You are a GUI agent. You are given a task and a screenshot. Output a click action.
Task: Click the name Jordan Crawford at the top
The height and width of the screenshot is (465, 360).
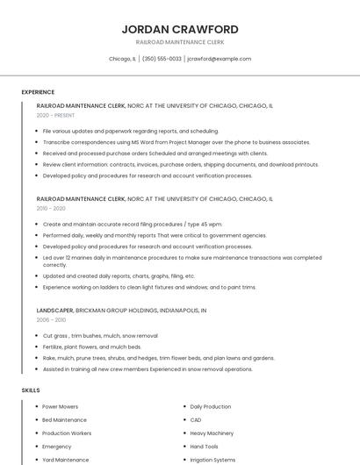pos(180,29)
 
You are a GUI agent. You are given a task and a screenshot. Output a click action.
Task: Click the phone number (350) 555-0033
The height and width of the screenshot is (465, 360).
pos(162,59)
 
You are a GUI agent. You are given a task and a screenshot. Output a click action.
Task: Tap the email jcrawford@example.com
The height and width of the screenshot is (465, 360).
pos(219,59)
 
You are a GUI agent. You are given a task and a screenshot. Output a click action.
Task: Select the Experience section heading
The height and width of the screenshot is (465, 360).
pos(38,92)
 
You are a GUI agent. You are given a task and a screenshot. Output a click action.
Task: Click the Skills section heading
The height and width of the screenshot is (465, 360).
pos(31,390)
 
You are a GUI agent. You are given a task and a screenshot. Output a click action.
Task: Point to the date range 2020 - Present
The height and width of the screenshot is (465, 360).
pos(55,115)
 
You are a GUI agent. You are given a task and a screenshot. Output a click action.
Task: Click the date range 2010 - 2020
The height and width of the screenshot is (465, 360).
pos(51,209)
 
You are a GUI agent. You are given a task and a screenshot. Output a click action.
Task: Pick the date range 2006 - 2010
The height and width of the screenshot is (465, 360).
pos(51,320)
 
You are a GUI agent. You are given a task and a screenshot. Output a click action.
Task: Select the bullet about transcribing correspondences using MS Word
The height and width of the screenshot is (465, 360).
pos(176,142)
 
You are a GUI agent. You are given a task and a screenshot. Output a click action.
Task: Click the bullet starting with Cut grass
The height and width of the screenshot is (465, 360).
pos(100,336)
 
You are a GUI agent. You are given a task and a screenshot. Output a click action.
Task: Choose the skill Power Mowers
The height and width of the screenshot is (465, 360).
pos(61,407)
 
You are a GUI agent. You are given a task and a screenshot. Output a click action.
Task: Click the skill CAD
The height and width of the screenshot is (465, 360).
pos(196,420)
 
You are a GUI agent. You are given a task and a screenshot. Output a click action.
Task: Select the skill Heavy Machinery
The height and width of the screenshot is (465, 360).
pos(212,433)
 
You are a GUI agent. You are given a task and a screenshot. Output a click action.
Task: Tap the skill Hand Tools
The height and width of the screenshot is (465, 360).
pos(204,447)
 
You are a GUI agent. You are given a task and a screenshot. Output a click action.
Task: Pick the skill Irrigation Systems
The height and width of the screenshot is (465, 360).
pos(212,460)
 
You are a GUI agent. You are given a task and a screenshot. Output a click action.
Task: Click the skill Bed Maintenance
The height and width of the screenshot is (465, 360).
pos(64,420)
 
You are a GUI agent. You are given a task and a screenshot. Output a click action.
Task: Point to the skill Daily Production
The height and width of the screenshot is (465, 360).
pos(211,407)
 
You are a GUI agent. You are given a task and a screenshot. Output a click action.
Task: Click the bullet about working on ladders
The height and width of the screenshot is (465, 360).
pos(149,287)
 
